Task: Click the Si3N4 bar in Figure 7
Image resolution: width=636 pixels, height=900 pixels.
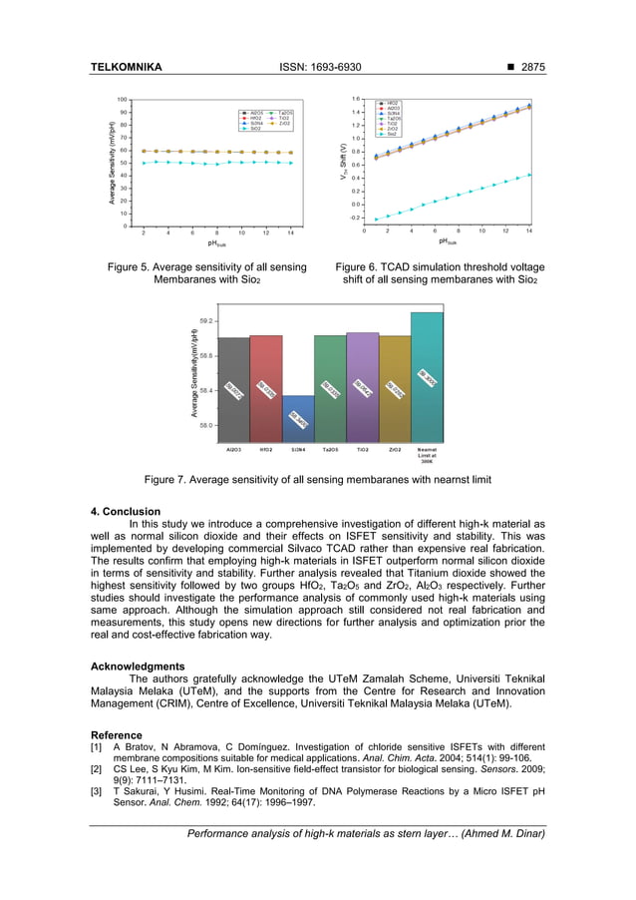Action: tap(299, 419)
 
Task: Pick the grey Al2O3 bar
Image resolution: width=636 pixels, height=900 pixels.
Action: tap(234, 389)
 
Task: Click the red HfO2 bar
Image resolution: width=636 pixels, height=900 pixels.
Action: tap(266, 388)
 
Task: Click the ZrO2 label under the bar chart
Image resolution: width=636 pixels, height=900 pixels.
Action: tap(395, 450)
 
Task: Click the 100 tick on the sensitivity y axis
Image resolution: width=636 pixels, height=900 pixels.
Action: tap(121, 100)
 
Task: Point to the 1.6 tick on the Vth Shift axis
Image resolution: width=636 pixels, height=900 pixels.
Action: tap(355, 100)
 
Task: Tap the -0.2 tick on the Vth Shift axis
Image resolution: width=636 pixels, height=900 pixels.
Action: tap(354, 217)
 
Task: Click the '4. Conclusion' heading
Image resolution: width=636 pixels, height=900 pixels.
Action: tap(125, 512)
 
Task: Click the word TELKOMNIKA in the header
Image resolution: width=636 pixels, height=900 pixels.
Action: tap(126, 68)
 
